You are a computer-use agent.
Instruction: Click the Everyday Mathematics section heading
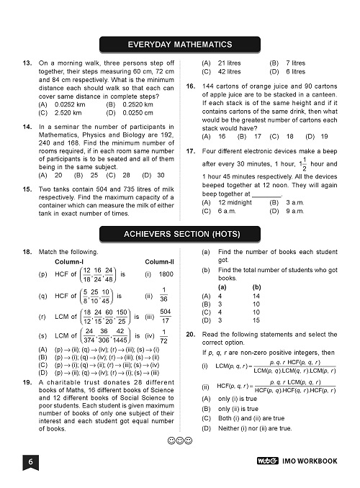tap(180, 45)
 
